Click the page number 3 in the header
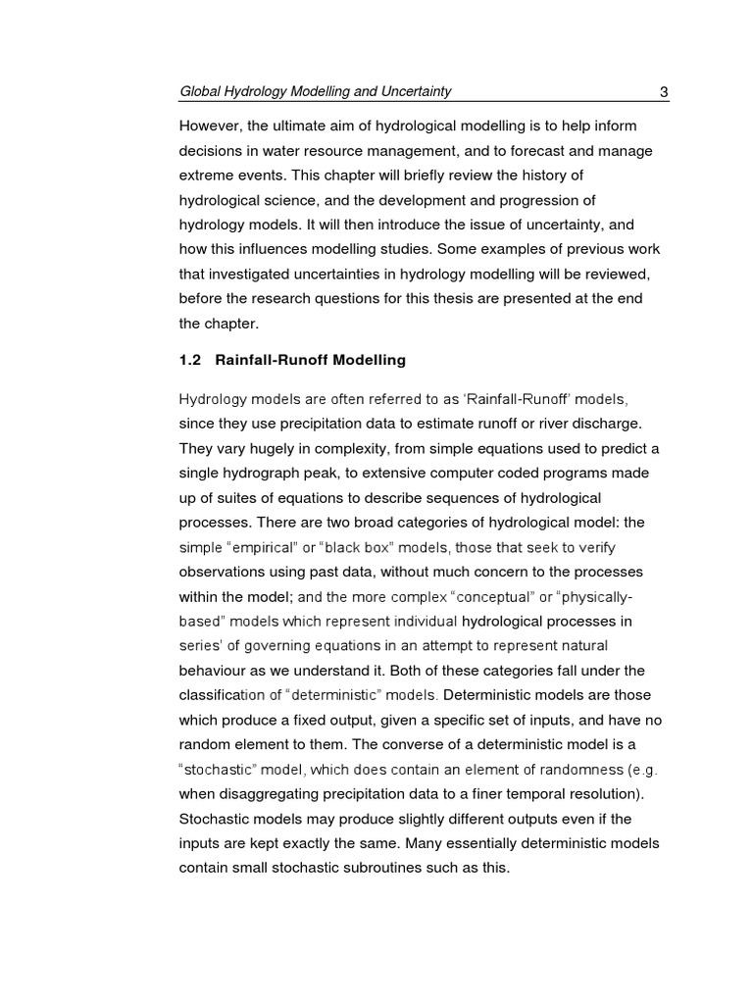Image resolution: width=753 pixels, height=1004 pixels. point(664,92)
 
